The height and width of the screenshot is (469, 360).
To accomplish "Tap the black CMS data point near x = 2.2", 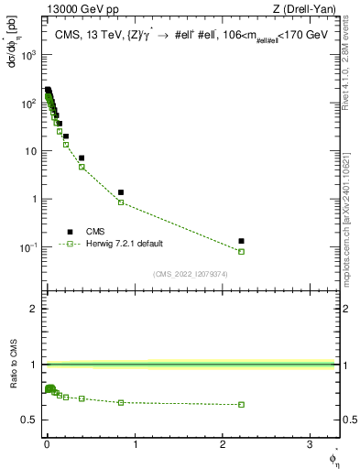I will point(242,241).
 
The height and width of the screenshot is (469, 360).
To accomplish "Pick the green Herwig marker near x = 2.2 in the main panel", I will point(242,251).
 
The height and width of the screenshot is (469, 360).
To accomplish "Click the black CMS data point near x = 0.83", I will point(121,192).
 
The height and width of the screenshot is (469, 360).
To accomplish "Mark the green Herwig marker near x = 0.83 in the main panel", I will point(121,202).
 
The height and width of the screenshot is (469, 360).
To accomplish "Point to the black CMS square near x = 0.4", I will point(82,158).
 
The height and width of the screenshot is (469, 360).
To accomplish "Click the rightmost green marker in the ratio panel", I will point(242,404).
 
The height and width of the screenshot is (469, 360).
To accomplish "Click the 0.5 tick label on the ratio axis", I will point(31,420).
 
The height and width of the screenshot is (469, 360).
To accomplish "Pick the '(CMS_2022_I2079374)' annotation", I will point(190,274).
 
